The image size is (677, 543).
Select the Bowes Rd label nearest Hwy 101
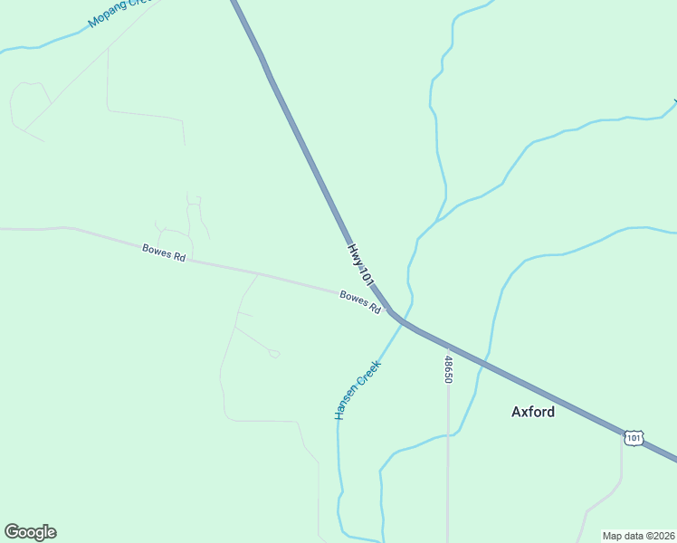[360, 301]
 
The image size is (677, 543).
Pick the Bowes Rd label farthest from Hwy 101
[164, 252]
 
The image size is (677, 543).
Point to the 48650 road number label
[448, 369]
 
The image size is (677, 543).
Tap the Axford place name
[533, 411]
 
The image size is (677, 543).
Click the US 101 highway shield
[634, 438]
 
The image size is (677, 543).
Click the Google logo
[30, 532]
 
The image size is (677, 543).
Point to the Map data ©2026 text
[639, 536]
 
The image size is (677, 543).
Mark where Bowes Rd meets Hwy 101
[390, 311]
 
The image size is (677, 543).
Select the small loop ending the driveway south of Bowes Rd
[274, 354]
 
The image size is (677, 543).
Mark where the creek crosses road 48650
[448, 435]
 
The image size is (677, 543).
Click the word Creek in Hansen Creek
[370, 376]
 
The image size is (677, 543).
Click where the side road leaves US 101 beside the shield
[622, 433]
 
